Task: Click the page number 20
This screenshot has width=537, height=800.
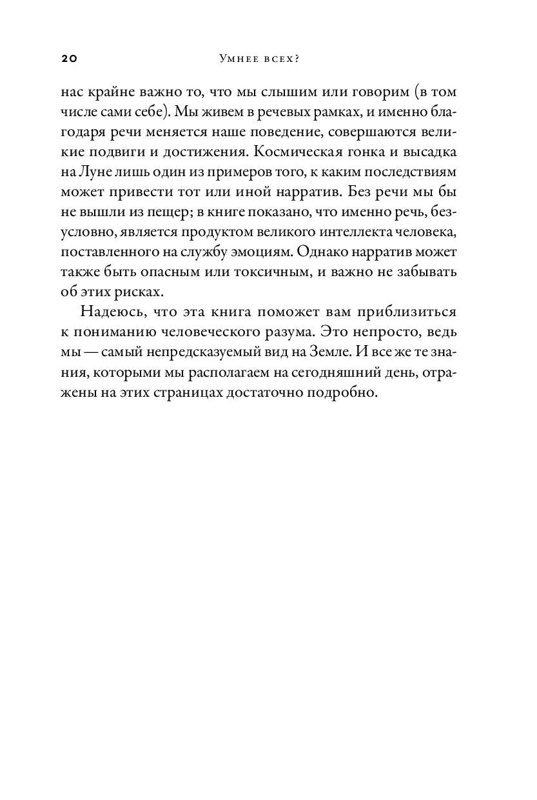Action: (x=69, y=59)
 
